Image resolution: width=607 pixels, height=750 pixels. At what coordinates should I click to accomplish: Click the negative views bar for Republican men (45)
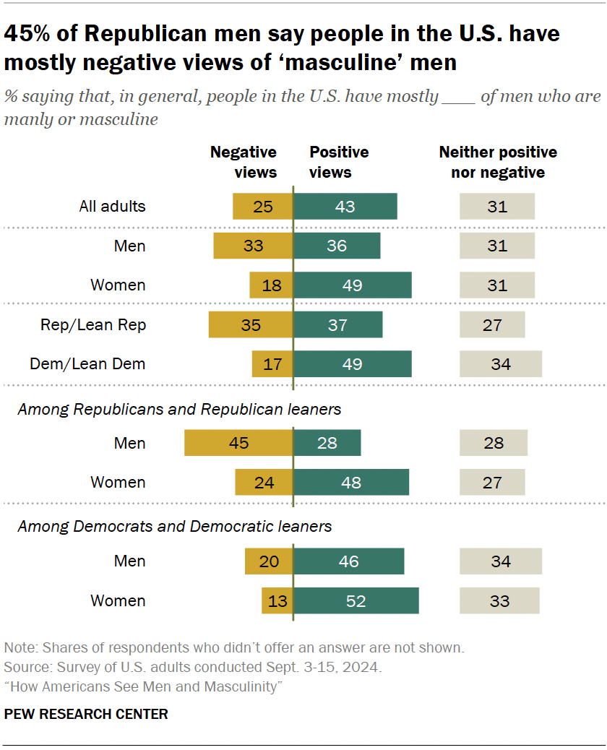click(x=238, y=443)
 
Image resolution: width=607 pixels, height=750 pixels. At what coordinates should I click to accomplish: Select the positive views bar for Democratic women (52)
click(x=356, y=600)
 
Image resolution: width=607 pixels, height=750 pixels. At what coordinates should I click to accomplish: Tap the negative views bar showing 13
click(x=277, y=600)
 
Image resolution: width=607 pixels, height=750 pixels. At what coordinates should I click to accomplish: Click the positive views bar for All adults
click(x=345, y=206)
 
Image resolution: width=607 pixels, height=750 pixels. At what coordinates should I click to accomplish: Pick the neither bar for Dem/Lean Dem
click(x=501, y=363)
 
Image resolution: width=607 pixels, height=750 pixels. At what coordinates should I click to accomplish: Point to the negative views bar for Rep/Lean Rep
click(x=251, y=324)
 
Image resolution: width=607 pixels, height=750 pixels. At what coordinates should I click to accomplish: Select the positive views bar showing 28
click(x=327, y=443)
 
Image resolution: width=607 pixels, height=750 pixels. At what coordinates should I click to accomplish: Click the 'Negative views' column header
click(x=244, y=163)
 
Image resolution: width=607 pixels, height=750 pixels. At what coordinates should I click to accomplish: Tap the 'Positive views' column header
click(x=339, y=163)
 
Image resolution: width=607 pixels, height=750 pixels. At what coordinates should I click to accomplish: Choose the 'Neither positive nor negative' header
click(x=498, y=163)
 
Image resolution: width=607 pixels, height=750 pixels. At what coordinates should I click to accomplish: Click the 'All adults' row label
click(x=112, y=206)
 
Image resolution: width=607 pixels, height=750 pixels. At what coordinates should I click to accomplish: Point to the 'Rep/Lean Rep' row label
click(x=93, y=324)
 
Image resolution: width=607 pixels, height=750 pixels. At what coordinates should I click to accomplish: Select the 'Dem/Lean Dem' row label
click(x=87, y=363)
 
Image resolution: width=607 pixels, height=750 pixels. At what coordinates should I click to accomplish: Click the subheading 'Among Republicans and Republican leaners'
click(x=179, y=410)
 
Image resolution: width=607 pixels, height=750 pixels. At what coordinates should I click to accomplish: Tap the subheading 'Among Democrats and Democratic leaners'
click(x=175, y=527)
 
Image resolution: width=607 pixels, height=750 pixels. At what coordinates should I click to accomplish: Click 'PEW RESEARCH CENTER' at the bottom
click(x=86, y=714)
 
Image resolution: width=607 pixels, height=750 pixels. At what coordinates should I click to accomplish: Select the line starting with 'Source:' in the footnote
click(x=193, y=667)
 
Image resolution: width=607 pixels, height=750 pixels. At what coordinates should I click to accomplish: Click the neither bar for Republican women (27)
click(x=492, y=482)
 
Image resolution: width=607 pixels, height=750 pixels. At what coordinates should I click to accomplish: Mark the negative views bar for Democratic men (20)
click(x=269, y=561)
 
